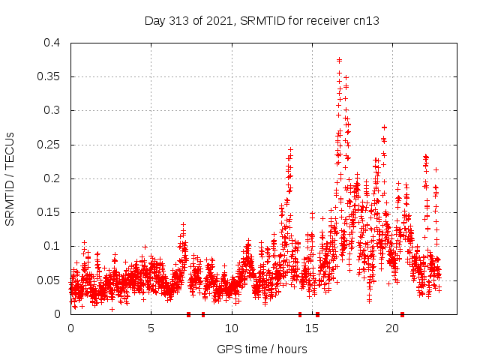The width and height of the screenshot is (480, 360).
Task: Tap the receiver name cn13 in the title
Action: point(365,21)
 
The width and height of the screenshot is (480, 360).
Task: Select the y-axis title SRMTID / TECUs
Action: point(10,178)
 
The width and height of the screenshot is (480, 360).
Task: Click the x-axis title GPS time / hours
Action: point(262,349)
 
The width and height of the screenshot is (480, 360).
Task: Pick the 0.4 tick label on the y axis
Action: point(51,43)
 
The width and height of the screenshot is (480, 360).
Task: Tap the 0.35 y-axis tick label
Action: point(48,76)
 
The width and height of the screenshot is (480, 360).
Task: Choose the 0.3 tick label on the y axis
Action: point(51,110)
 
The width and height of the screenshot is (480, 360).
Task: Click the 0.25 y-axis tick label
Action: point(48,145)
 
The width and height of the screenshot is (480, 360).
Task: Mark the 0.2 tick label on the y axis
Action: point(51,178)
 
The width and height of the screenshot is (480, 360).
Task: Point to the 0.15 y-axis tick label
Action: point(48,212)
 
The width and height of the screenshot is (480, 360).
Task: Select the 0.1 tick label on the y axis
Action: point(51,246)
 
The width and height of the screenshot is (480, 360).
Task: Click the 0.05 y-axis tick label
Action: point(48,280)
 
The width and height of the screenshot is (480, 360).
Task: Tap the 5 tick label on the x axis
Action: point(151,328)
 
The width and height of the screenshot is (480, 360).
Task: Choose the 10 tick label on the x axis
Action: point(232,328)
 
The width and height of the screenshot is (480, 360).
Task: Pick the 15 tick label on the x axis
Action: point(312,328)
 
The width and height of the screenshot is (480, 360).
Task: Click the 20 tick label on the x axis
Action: point(392,328)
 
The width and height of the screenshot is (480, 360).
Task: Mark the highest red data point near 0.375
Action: point(340,60)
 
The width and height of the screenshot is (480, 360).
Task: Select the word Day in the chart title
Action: point(155,21)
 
